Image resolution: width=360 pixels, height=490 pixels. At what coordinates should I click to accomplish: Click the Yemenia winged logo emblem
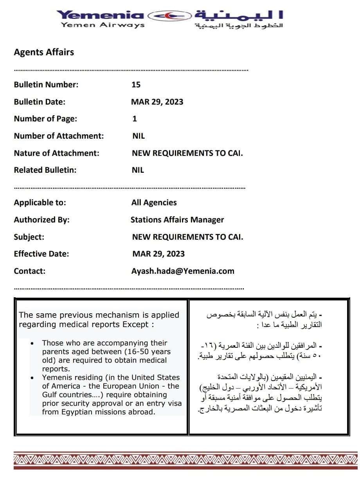pos(169,15)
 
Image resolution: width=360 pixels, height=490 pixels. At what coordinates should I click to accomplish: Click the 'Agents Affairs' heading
pos(44,52)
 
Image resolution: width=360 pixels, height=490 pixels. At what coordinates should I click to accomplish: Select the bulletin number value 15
pos(136,85)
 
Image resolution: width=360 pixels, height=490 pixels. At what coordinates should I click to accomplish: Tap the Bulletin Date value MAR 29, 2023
pos(157,102)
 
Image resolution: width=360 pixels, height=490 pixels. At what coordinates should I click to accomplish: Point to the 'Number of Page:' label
pos(45,119)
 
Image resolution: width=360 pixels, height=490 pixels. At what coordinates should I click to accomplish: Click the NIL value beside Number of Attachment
pos(139,136)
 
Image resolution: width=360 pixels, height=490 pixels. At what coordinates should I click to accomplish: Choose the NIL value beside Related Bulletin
pos(138,170)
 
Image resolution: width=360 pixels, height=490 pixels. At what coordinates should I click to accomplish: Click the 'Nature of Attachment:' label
pos(56,153)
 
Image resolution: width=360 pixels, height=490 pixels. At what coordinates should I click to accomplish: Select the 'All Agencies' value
pos(154,203)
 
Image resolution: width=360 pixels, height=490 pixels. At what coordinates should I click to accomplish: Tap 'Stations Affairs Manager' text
pos(177,220)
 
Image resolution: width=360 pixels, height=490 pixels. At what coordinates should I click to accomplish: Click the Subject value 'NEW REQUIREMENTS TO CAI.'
pos(187,237)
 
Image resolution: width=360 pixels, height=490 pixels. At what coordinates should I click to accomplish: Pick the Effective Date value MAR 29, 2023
pos(158,254)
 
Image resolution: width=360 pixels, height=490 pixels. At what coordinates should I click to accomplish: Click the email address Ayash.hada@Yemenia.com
pos(183,271)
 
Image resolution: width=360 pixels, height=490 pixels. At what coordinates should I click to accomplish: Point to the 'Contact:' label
pos(30,271)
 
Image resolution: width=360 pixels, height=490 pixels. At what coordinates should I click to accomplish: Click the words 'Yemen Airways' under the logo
pos(103,25)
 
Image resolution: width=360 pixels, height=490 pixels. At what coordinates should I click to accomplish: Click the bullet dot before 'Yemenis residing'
pos(32,378)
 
